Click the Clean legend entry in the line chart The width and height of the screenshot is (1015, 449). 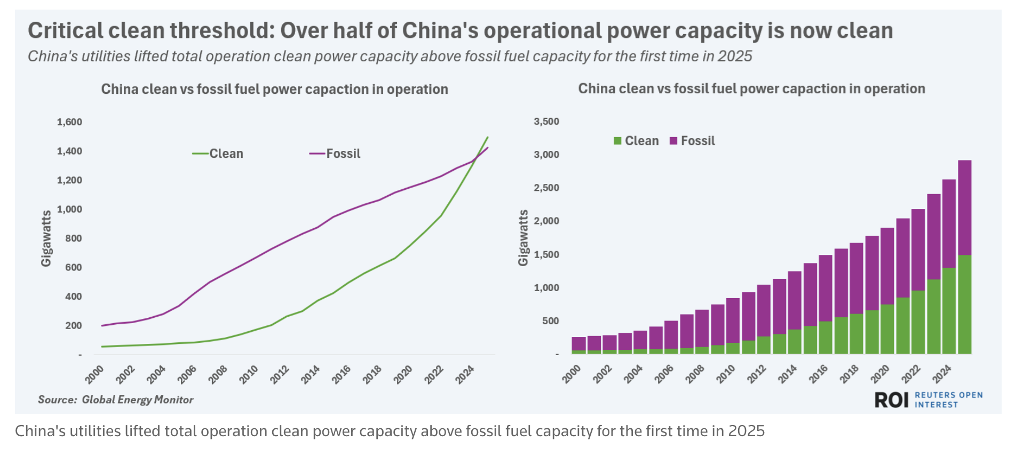[226, 154]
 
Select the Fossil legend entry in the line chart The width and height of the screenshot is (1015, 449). [343, 154]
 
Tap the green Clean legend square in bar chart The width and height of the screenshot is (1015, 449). [617, 141]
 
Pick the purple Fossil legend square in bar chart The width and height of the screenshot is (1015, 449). [673, 141]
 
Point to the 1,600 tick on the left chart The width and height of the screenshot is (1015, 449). [69, 122]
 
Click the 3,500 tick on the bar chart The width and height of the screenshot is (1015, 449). [546, 122]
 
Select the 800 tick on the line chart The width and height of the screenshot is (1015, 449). [74, 238]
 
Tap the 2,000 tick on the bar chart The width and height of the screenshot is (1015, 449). [546, 221]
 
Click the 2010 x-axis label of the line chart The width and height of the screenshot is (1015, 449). [249, 374]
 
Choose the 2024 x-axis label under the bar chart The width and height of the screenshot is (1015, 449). [942, 374]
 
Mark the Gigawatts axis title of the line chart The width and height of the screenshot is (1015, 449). [46, 238]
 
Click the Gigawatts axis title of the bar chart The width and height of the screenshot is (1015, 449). [523, 238]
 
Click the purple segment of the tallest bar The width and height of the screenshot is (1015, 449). [964, 207]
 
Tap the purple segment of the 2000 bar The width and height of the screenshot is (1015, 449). [578, 344]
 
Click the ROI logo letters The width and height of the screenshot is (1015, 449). [891, 400]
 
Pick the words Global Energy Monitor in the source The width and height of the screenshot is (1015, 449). [137, 400]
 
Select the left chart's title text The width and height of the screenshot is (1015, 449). [274, 89]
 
